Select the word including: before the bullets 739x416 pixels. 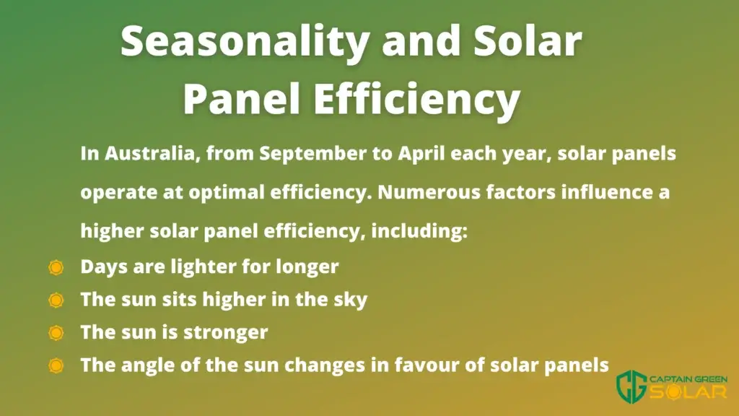tap(419, 232)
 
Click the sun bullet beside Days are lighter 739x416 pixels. tap(56, 267)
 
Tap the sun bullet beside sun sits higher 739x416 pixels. tap(56, 300)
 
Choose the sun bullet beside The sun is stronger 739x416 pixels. tap(56, 333)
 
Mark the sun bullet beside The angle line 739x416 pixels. tap(56, 365)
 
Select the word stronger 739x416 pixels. tap(226, 333)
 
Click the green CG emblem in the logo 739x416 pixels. tap(631, 387)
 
